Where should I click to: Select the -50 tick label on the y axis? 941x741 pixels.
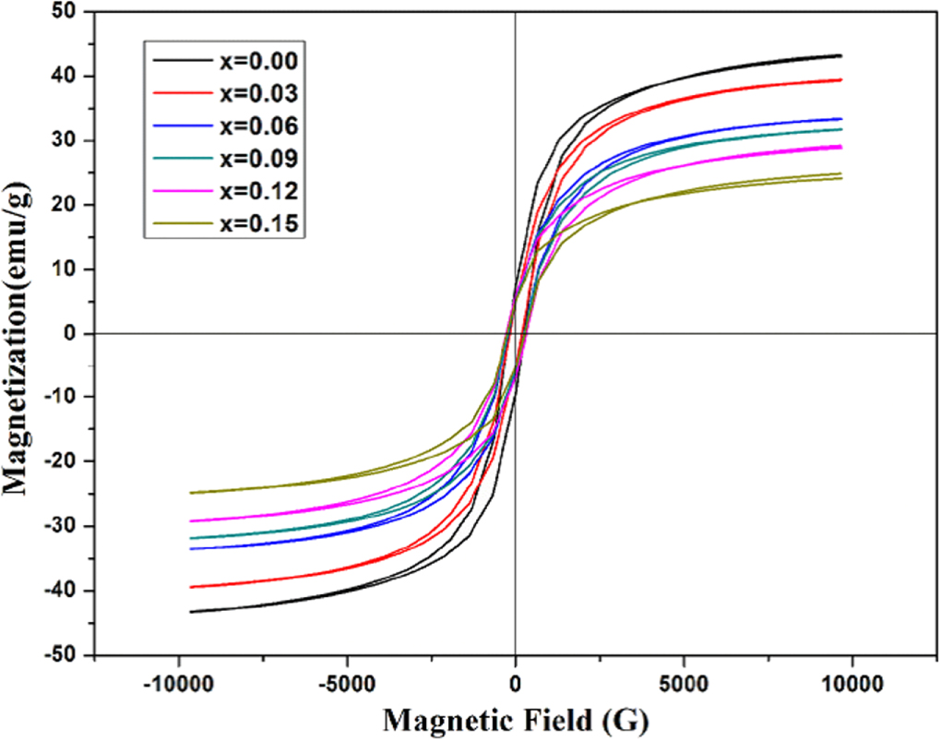62,655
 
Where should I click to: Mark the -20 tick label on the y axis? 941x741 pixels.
62,462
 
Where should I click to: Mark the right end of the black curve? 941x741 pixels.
840,55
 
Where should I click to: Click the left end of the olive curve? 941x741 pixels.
190,493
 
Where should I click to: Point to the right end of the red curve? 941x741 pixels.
840,79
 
